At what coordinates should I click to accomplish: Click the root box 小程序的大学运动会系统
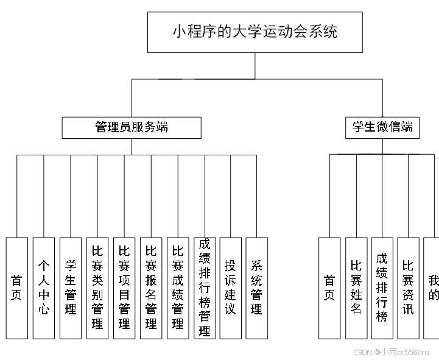(255, 32)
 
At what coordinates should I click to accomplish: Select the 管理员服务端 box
(132, 127)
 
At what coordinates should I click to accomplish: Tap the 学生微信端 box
(382, 127)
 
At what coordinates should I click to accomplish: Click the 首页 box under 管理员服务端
(17, 288)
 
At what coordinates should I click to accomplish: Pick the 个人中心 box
(44, 288)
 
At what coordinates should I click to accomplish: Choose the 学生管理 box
(71, 288)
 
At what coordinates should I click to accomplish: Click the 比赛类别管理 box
(97, 288)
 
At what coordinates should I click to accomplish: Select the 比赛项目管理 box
(124, 288)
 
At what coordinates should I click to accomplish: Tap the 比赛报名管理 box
(151, 288)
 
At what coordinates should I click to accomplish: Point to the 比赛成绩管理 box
(178, 288)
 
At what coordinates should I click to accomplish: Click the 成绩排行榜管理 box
(205, 288)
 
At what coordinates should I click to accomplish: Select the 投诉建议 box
(231, 288)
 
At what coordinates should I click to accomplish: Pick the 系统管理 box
(257, 288)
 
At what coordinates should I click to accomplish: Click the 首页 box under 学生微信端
(329, 288)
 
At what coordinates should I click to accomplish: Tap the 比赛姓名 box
(356, 288)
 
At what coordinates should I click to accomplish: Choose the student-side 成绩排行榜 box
(382, 288)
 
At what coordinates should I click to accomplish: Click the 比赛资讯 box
(409, 288)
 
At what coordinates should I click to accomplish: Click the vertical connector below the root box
(255, 66)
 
